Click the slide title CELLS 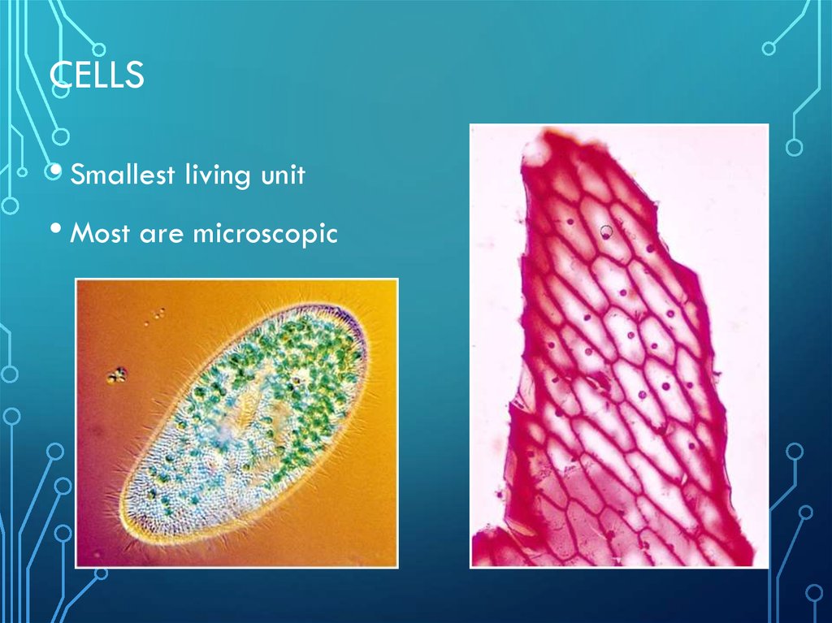pyautogui.click(x=97, y=75)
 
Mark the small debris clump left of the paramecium pyautogui.click(x=117, y=374)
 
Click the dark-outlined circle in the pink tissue pyautogui.click(x=606, y=231)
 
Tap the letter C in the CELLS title pyautogui.click(x=59, y=75)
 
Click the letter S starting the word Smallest pyautogui.click(x=78, y=175)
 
